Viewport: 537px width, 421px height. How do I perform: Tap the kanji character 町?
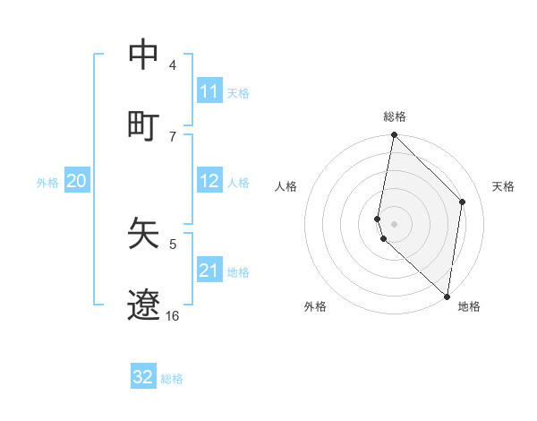pos(144,125)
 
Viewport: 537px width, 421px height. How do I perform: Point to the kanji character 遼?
pos(144,305)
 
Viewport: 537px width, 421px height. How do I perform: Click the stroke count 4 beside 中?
pos(172,65)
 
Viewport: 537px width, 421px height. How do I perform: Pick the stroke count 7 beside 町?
pos(172,136)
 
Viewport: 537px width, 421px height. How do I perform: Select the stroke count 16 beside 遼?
pos(172,315)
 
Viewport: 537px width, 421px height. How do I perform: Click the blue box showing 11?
pos(209,91)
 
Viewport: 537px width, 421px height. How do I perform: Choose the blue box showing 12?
pos(209,181)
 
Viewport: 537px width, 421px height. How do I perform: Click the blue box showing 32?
pos(143,377)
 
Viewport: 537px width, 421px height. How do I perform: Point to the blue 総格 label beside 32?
pos(172,379)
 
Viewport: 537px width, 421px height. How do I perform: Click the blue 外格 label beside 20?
pos(47,183)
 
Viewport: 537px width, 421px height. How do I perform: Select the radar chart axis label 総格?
pos(395,116)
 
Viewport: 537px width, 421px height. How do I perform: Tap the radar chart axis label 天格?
pos(504,186)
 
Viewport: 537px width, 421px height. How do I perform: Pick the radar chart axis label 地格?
pos(469,306)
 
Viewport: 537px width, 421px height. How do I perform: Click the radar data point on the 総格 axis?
pos(394,136)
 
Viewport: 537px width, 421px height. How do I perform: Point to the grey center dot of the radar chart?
pos(394,223)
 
